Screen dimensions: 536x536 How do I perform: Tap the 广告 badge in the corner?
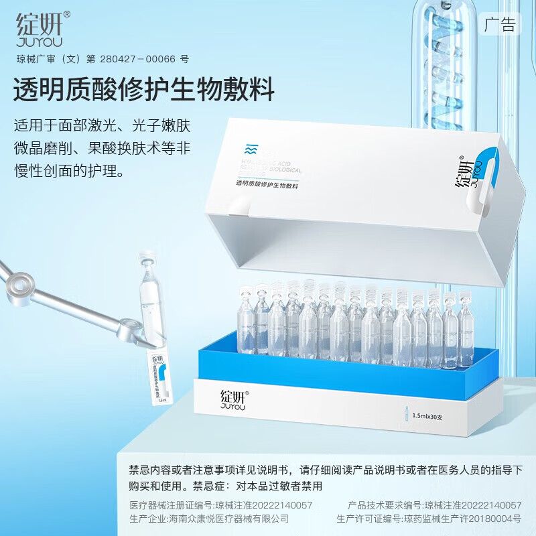click(501, 25)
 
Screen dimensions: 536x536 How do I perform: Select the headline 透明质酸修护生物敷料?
click(144, 90)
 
